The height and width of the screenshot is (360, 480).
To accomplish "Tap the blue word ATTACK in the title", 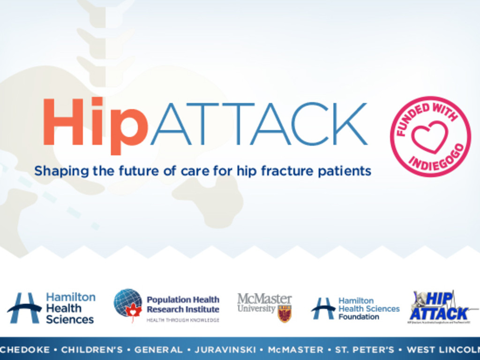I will point(258,124).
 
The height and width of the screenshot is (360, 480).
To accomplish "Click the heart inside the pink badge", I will point(430,136).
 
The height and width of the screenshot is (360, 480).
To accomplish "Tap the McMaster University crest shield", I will point(284,313).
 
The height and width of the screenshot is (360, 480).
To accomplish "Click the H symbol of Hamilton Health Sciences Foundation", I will point(322,308).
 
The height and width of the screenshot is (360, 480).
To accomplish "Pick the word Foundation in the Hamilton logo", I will point(359,317).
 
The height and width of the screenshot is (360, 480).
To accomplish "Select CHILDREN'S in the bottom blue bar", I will point(92,350).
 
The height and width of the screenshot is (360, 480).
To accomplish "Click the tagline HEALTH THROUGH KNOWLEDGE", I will point(183,320).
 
